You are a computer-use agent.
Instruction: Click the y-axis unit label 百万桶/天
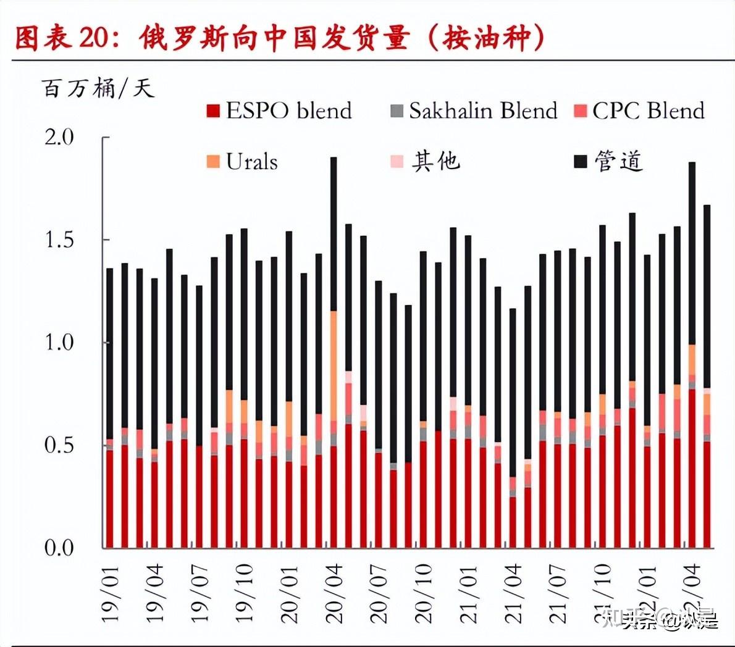[98, 88]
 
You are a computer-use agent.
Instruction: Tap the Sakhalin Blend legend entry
[474, 111]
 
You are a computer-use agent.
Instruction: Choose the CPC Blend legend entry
[639, 111]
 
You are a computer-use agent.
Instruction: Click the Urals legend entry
[242, 162]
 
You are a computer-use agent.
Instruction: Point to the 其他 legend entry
[426, 162]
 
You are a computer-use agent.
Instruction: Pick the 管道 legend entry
[608, 162]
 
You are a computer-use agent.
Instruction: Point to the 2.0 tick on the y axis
[59, 137]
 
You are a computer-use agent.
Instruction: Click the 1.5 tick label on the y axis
[59, 240]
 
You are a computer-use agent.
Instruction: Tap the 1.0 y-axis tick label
[59, 342]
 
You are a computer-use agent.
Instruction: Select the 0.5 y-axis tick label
[59, 445]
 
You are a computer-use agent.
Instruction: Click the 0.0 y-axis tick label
[59, 548]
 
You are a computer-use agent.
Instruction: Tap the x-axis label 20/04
[334, 593]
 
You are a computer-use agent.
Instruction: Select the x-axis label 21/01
[469, 593]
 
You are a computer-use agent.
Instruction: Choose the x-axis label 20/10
[424, 593]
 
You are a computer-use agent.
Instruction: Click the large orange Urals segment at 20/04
[334, 364]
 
